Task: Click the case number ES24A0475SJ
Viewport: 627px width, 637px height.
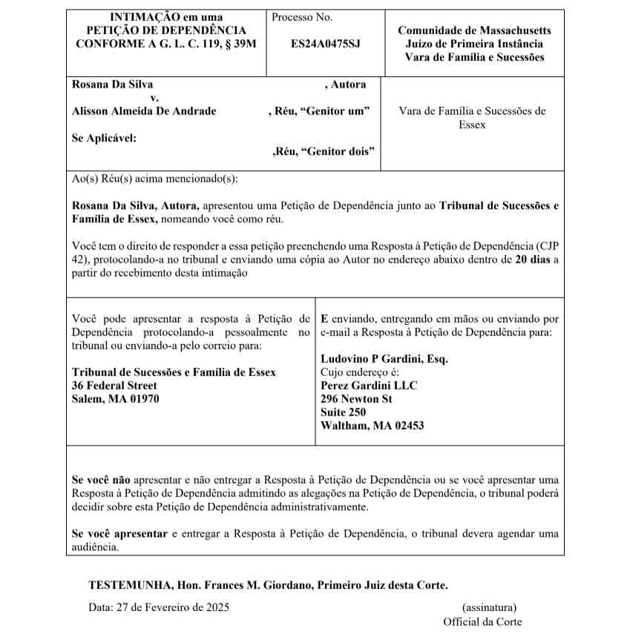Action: (x=325, y=44)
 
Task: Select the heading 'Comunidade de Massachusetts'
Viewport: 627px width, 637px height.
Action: (x=474, y=30)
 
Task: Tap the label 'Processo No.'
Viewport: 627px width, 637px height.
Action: (x=302, y=18)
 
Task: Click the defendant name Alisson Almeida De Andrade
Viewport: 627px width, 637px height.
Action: (x=144, y=111)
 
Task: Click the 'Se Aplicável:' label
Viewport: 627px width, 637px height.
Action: (x=104, y=138)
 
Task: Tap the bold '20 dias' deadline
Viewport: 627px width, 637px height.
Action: (x=534, y=260)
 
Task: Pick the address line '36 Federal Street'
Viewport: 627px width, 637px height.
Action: (x=114, y=386)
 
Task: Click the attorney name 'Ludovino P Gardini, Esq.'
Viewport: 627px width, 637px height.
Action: (x=384, y=359)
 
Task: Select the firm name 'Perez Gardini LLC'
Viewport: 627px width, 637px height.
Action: (x=369, y=386)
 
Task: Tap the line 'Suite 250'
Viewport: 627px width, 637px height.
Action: (x=343, y=412)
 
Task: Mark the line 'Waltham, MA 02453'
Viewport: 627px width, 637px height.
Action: (x=372, y=426)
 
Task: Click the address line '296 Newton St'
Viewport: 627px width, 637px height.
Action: (x=356, y=399)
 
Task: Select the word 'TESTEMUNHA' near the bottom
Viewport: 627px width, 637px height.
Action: (x=126, y=585)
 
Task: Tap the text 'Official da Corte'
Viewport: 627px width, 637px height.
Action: (x=482, y=621)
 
